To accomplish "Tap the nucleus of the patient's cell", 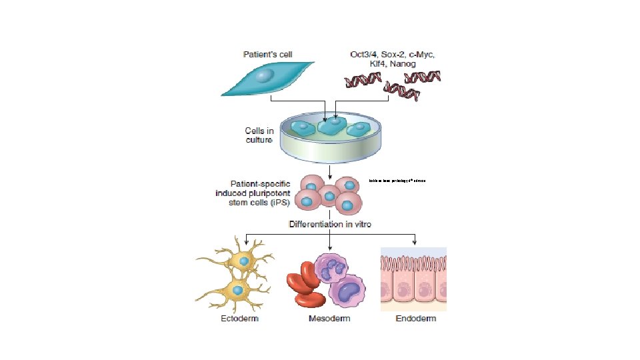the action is pos(265,77).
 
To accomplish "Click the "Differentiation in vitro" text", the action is pos(330,225).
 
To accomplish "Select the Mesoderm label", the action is pos(329,319).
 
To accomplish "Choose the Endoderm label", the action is pos(415,319).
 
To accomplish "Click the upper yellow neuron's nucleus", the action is pos(245,261).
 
